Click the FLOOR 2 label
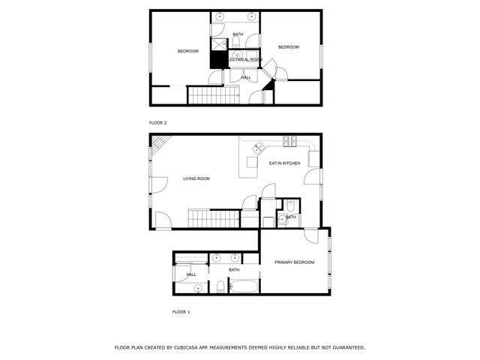157,123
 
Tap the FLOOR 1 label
181,312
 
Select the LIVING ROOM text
196,178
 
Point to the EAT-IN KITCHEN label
285,163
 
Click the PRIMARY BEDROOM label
294,262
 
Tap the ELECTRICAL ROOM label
245,60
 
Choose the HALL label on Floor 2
246,78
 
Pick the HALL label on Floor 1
191,274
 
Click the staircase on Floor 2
213,95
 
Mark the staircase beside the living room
214,218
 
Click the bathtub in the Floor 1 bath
244,286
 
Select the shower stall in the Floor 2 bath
219,44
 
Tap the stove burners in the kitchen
289,142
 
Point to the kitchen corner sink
258,148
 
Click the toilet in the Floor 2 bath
236,42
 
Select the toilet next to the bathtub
220,286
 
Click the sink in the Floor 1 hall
198,288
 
